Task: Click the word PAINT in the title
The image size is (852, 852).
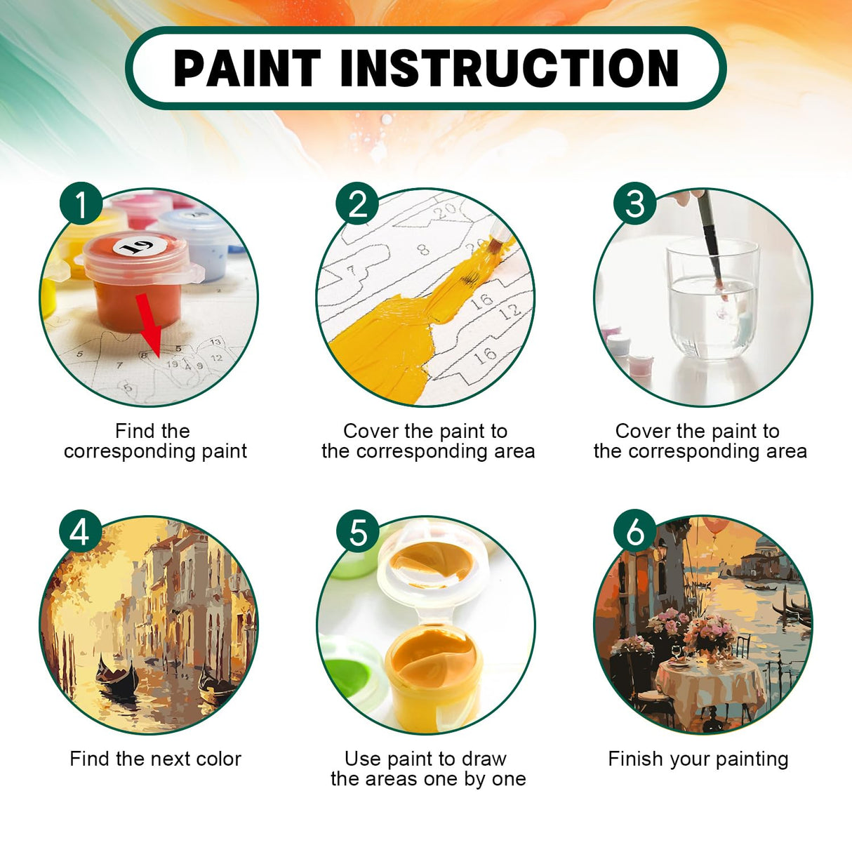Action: pos(247,68)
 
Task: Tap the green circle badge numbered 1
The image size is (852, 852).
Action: pos(81,204)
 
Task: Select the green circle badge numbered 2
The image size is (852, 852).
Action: pos(357,204)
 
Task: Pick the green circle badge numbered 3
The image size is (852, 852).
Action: pos(634,204)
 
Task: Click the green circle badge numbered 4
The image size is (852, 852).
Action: pos(80,531)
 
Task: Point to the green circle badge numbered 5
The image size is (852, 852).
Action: pos(357,531)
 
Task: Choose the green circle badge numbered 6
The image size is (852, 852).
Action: pos(634,531)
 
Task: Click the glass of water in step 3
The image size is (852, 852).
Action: pos(712,302)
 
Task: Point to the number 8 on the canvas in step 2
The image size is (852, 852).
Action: pos(423,249)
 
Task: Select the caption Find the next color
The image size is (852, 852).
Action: pos(155,759)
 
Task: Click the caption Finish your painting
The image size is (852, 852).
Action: pos(698,759)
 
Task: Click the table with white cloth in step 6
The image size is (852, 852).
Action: pos(709,684)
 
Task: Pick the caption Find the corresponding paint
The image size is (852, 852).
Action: pos(155,441)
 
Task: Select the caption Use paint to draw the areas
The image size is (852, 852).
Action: pos(427,768)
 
